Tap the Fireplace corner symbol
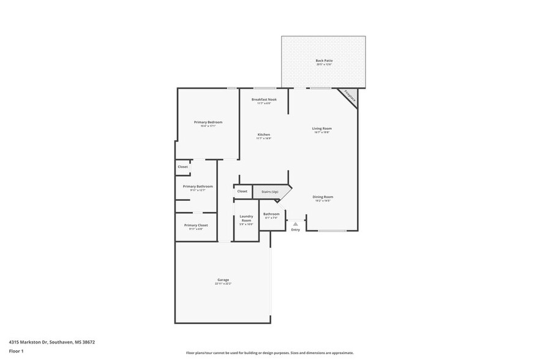349,96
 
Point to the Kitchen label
263,135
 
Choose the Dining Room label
323,197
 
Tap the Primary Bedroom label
208,122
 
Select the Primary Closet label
196,225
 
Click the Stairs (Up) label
270,192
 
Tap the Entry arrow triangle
296,223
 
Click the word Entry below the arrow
296,230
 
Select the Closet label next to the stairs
242,191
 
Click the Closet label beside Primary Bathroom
182,167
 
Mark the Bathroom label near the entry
271,214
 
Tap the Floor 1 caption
16,351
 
